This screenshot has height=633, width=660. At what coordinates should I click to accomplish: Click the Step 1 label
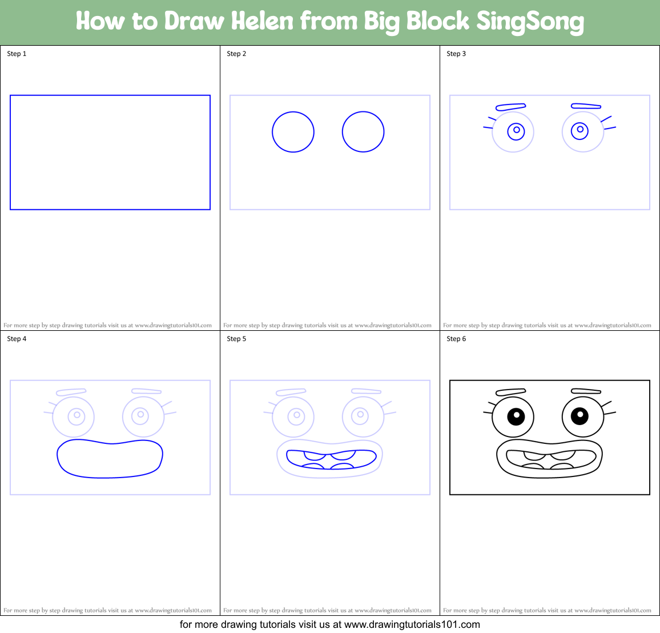(17, 54)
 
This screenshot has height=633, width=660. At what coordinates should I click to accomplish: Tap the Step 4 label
(17, 339)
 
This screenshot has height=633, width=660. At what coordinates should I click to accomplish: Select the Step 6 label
(456, 339)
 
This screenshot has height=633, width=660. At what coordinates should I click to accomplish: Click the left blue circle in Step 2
(293, 132)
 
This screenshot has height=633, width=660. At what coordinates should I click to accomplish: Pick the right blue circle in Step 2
(363, 132)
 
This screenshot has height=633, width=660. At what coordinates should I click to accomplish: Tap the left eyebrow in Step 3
(510, 107)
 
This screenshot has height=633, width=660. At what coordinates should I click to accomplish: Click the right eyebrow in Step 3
(586, 106)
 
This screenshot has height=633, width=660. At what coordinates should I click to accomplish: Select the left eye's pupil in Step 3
(516, 130)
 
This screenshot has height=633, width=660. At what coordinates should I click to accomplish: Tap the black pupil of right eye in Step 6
(579, 415)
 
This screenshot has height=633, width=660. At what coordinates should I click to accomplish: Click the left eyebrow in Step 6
(510, 392)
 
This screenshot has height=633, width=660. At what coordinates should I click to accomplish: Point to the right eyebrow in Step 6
(586, 391)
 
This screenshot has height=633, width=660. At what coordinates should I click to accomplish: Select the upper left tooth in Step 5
(315, 455)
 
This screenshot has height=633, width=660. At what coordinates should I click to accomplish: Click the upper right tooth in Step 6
(563, 455)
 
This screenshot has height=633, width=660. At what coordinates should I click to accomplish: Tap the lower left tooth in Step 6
(533, 466)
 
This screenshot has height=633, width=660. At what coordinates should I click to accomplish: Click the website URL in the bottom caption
(412, 624)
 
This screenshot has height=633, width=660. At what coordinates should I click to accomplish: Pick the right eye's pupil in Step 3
(580, 130)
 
